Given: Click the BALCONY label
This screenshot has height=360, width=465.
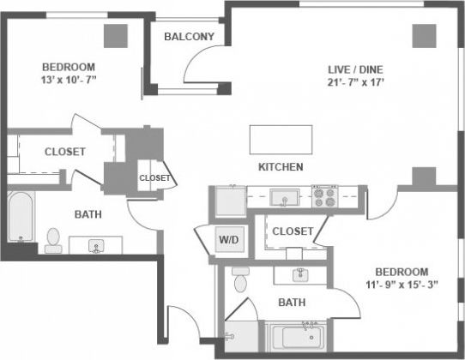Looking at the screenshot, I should (189, 36).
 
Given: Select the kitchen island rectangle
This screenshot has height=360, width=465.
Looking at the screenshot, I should (281, 139).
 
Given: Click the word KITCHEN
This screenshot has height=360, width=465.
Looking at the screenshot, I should (281, 166).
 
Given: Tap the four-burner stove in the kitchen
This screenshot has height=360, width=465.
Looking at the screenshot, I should (325, 197).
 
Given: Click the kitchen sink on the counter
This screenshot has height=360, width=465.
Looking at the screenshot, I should (283, 198).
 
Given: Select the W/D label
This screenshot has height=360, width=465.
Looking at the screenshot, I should (228, 239).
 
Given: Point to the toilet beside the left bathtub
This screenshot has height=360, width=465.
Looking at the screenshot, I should (52, 239).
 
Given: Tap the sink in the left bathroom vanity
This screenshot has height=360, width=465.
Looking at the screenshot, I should (96, 247).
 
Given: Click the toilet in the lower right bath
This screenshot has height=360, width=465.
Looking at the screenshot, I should (240, 280).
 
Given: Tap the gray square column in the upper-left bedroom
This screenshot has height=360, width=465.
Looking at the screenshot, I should (116, 35).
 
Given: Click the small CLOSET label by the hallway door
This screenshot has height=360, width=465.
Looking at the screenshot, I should (155, 178).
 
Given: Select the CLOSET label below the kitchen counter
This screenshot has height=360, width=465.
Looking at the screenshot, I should (292, 231).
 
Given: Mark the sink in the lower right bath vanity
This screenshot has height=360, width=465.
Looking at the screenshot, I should (300, 274).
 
